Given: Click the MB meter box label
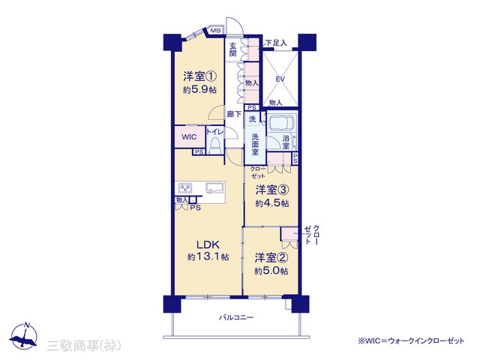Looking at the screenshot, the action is pos(215,31).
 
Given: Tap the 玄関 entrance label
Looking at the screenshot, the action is pos(233,49).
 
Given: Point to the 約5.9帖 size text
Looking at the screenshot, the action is pos(200,90).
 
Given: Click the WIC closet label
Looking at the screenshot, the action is pos(189,136).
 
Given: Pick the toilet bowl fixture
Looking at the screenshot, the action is pos(215,145).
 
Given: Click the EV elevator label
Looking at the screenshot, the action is pos(280,79).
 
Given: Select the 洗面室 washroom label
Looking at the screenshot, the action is pos(255,144).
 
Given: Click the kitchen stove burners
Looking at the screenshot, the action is pos(185,188).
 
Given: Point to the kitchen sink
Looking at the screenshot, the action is pos(215,187).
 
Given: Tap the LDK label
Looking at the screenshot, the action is pos(208,244).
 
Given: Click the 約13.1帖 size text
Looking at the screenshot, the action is pos(208,256).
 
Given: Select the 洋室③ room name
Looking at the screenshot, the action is pos(272,190).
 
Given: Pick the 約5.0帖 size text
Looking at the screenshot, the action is pos(271,271).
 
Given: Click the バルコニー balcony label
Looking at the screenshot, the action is pos(236,317).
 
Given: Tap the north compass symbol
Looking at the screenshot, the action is pos(23,336).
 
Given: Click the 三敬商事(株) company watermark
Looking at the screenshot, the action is pos(83,346).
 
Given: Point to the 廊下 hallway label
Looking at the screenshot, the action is pos(234,114).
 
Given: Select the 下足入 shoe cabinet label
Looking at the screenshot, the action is pos(276,43).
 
